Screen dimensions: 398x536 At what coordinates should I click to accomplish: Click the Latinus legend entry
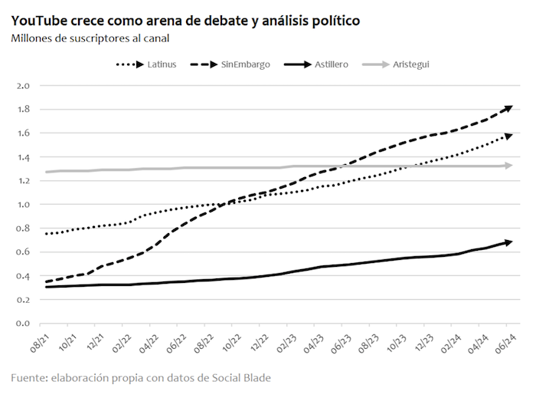[146, 64]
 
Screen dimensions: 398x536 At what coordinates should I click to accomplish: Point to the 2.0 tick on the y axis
[23, 86]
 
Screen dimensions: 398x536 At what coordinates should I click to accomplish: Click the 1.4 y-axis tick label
[23, 157]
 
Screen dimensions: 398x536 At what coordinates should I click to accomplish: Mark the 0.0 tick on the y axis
[23, 324]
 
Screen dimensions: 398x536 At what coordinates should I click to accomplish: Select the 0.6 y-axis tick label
[23, 252]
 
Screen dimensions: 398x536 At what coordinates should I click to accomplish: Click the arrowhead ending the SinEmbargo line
[507, 109]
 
